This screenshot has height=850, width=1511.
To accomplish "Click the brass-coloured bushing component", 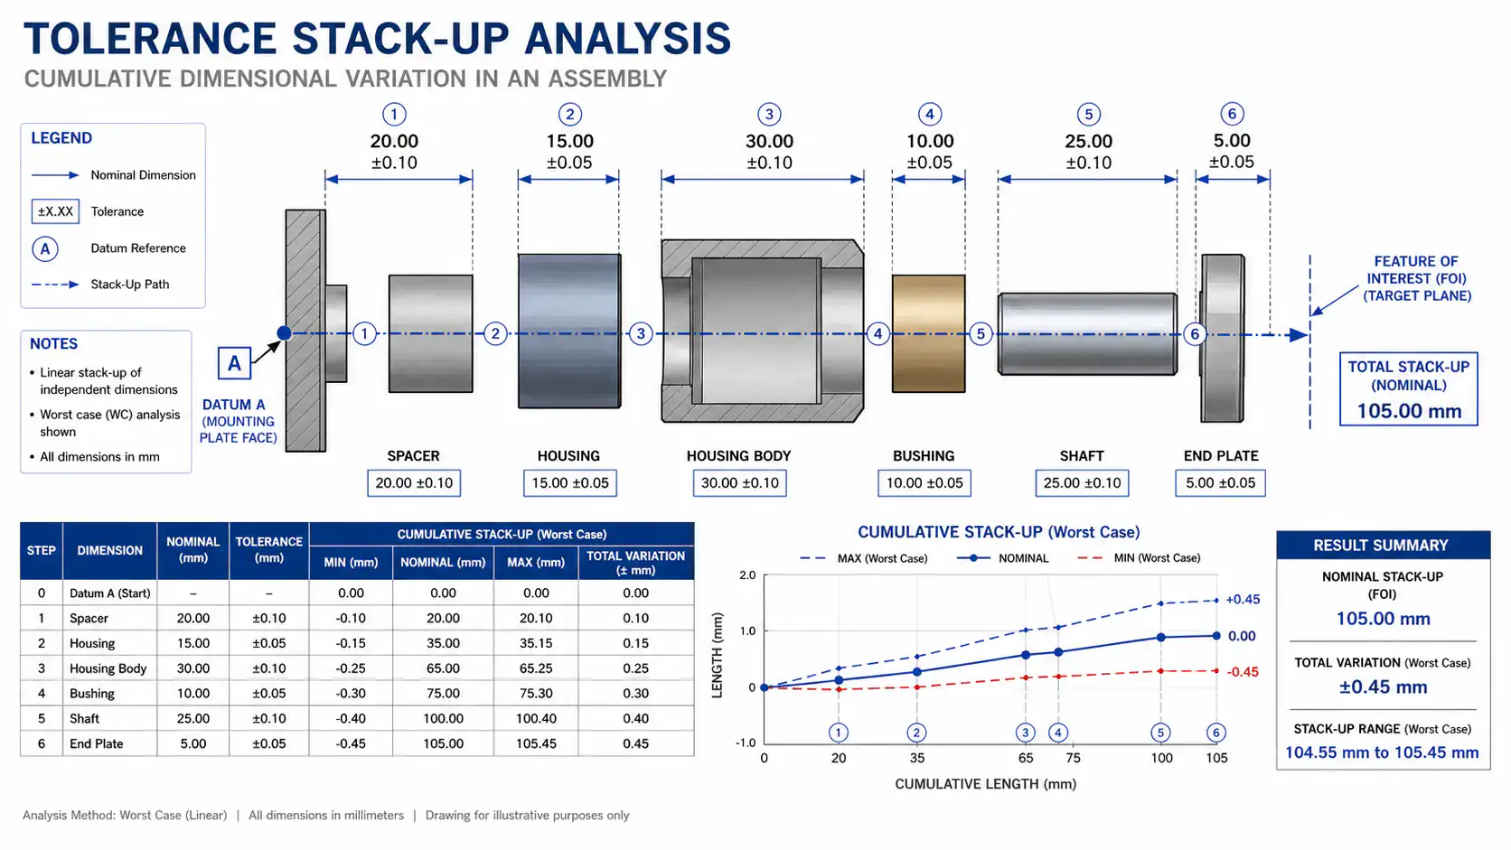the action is [x=928, y=333].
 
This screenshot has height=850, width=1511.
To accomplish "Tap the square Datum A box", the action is [x=234, y=363].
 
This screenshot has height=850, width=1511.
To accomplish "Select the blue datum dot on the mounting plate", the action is [x=285, y=333].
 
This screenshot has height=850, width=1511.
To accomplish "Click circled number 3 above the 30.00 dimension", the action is [x=769, y=114].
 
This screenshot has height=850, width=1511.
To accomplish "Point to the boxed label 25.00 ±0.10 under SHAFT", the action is [x=1082, y=482].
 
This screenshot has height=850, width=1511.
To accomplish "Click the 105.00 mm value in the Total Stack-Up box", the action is [x=1409, y=410].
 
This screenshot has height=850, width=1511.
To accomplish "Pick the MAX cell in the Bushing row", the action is [x=536, y=693].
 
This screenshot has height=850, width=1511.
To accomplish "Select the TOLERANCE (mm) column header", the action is [x=268, y=550].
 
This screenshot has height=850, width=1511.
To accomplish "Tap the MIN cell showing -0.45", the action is [x=351, y=743].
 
